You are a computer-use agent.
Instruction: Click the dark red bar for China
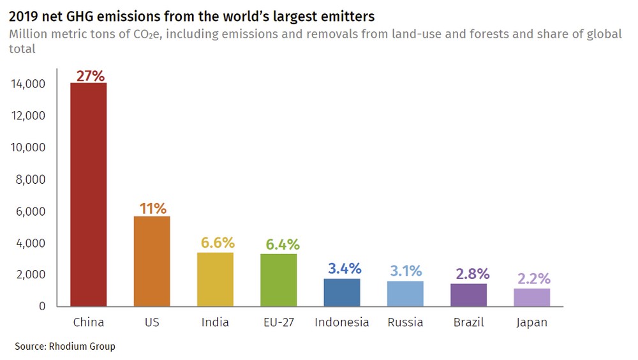(88, 195)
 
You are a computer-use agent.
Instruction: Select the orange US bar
(152, 261)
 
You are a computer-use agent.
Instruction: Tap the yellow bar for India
(215, 280)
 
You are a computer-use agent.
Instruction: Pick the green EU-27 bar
(279, 280)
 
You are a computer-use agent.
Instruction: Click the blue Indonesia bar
(342, 292)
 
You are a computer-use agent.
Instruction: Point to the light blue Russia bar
(405, 294)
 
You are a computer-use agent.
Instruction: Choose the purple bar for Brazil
(469, 295)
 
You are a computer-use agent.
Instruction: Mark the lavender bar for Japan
(532, 297)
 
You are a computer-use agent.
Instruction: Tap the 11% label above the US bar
(153, 208)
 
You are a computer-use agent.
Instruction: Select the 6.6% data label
(218, 243)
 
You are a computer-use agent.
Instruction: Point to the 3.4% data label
(345, 269)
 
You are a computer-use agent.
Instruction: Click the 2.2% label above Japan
(534, 280)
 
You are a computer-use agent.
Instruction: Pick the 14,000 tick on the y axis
(27, 84)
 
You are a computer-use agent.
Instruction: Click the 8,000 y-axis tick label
(30, 179)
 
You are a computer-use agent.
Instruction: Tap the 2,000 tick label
(30, 274)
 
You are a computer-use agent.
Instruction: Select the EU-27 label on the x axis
(278, 322)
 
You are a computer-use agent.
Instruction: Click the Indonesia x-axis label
(342, 322)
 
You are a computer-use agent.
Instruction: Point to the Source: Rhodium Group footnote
(65, 347)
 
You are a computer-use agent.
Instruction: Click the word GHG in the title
(79, 15)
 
